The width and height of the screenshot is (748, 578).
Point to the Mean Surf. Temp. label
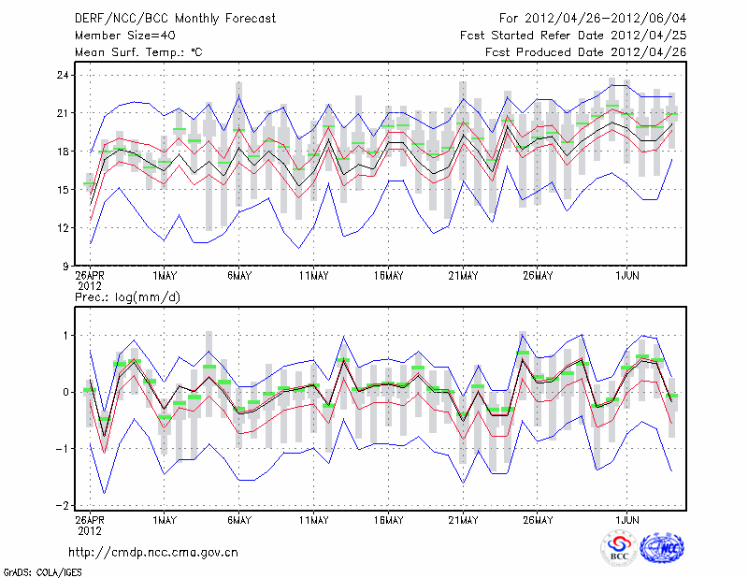coord(138,51)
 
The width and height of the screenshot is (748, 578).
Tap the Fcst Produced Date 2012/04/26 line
coord(585,51)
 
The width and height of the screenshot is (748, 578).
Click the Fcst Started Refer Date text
coord(573,35)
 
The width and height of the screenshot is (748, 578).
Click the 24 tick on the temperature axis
coord(61,75)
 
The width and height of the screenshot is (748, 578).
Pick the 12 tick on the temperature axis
coord(61,227)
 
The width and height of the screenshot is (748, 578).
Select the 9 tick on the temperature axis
coord(64,266)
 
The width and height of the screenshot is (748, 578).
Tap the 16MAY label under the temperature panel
coord(388,276)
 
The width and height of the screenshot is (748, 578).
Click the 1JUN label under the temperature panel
coord(626,276)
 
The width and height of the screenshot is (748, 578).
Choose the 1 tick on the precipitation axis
coord(64,335)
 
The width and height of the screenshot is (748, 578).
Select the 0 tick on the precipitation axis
coord(64,392)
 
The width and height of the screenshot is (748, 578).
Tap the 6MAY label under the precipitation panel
coord(238,517)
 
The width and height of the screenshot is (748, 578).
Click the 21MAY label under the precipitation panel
coord(463,517)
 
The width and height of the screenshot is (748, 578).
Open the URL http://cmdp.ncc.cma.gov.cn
coord(153,552)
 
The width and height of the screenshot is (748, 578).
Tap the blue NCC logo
coord(662,548)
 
